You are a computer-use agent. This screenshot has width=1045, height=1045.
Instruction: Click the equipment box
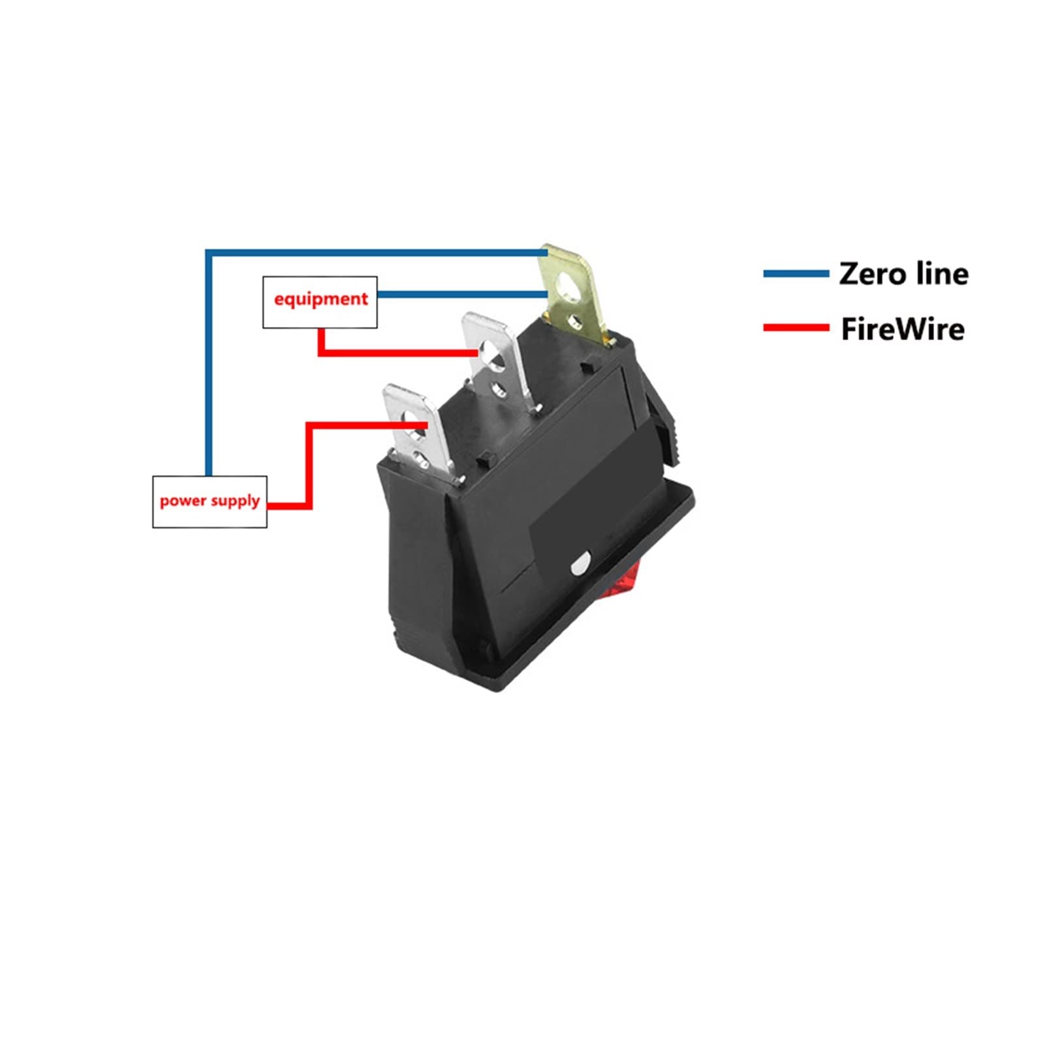(x=320, y=302)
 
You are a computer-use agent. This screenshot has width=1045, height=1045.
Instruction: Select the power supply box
(x=210, y=501)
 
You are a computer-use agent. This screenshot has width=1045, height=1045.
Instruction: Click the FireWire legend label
(x=902, y=329)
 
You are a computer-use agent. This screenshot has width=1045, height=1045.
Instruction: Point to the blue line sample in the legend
(x=796, y=273)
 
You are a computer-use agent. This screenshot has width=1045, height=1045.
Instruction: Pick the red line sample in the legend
(x=796, y=328)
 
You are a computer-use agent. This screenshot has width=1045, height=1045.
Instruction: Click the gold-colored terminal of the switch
(x=572, y=290)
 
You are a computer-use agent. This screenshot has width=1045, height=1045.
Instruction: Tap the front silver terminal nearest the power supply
(x=415, y=428)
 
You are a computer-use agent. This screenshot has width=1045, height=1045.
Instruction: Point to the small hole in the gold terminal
(x=576, y=320)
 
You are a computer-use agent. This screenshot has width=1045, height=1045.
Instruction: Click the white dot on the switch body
(x=580, y=565)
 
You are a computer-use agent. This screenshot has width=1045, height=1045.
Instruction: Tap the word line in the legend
(x=942, y=273)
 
